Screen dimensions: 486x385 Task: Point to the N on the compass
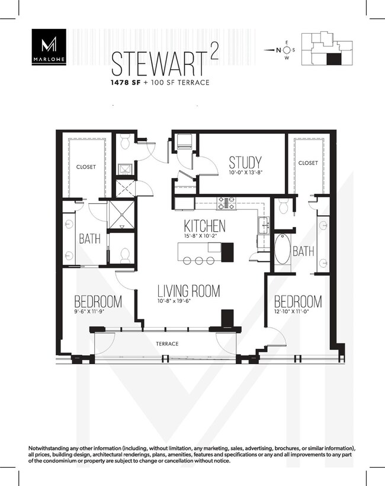pyautogui.click(x=278, y=50)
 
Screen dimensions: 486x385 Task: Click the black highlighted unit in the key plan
pyautogui.click(x=334, y=59)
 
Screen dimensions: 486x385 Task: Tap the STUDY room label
pyautogui.click(x=245, y=163)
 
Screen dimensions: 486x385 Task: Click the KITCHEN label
pyautogui.click(x=204, y=226)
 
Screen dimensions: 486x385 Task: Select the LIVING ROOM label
pyautogui.click(x=188, y=291)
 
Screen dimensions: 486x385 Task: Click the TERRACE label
pyautogui.click(x=166, y=344)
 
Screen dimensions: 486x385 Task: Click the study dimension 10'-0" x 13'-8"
pyautogui.click(x=246, y=174)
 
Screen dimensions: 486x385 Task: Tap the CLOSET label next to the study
pyautogui.click(x=308, y=163)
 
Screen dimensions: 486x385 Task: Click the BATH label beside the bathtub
pyautogui.click(x=303, y=252)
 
